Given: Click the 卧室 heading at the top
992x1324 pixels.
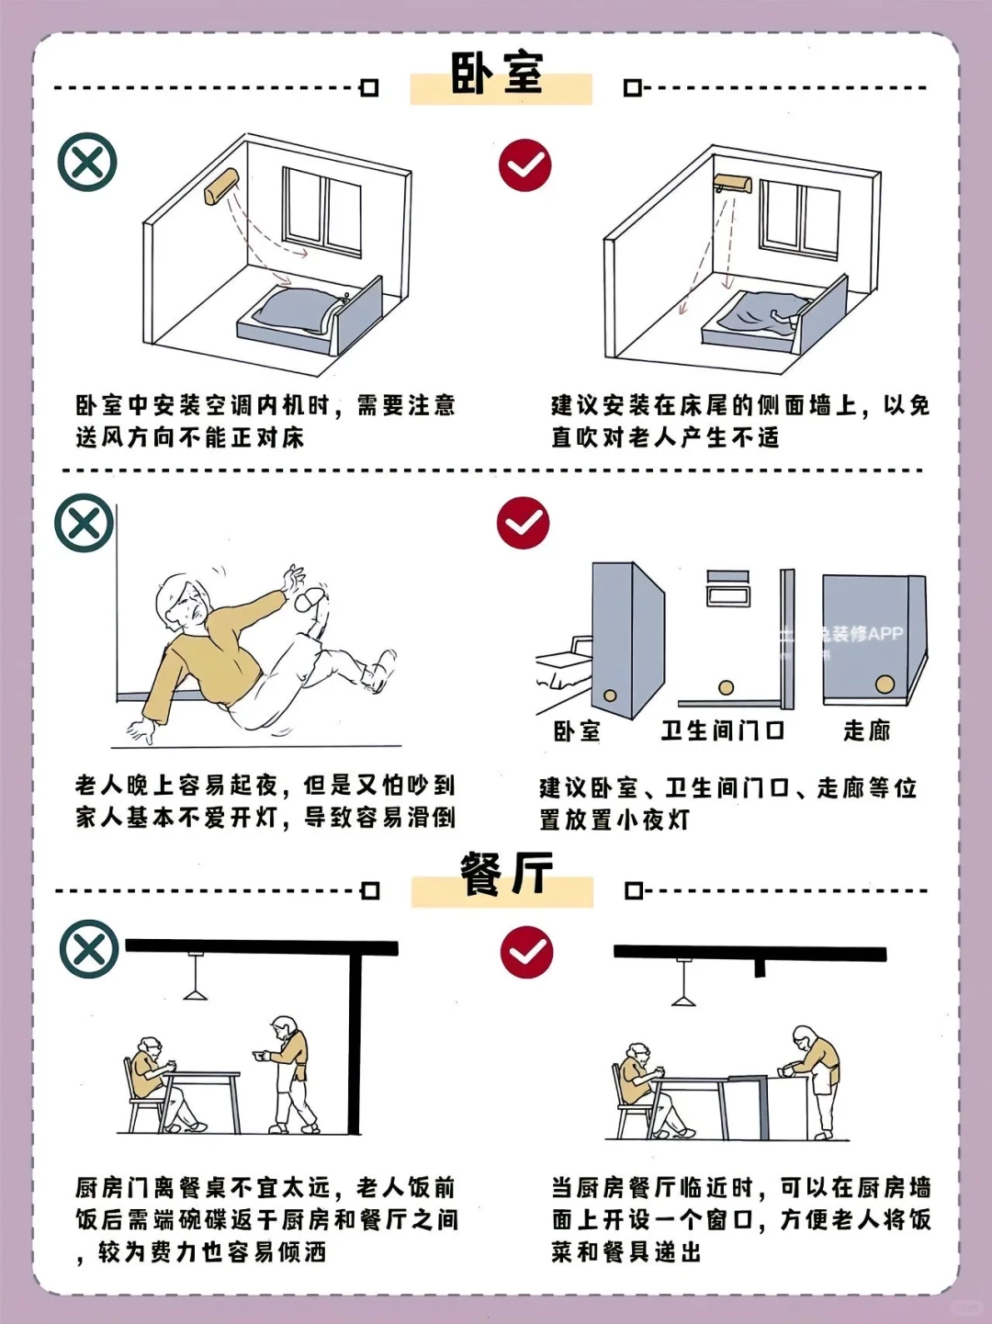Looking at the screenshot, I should [x=497, y=74].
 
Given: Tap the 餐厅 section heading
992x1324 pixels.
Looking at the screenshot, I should [x=506, y=874].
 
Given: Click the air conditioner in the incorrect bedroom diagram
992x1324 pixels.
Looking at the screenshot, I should [x=221, y=187].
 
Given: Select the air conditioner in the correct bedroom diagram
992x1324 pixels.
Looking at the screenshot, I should [x=732, y=184].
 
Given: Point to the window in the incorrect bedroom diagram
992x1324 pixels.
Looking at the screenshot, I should [x=321, y=211].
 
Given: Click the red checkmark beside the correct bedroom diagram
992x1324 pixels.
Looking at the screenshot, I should [x=524, y=166].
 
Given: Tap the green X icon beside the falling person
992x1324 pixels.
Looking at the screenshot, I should [x=85, y=524].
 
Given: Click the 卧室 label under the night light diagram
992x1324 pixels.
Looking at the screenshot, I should [x=577, y=731].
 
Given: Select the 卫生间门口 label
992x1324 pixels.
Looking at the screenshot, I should [x=722, y=731].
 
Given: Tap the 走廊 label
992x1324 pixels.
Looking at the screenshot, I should [x=866, y=731].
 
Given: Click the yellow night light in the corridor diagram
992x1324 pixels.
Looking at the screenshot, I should [x=885, y=685].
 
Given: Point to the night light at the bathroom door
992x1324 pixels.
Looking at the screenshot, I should [x=726, y=687].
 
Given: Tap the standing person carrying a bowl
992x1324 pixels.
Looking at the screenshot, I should [x=289, y=1070].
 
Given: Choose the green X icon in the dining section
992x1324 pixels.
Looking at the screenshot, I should [x=89, y=949].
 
